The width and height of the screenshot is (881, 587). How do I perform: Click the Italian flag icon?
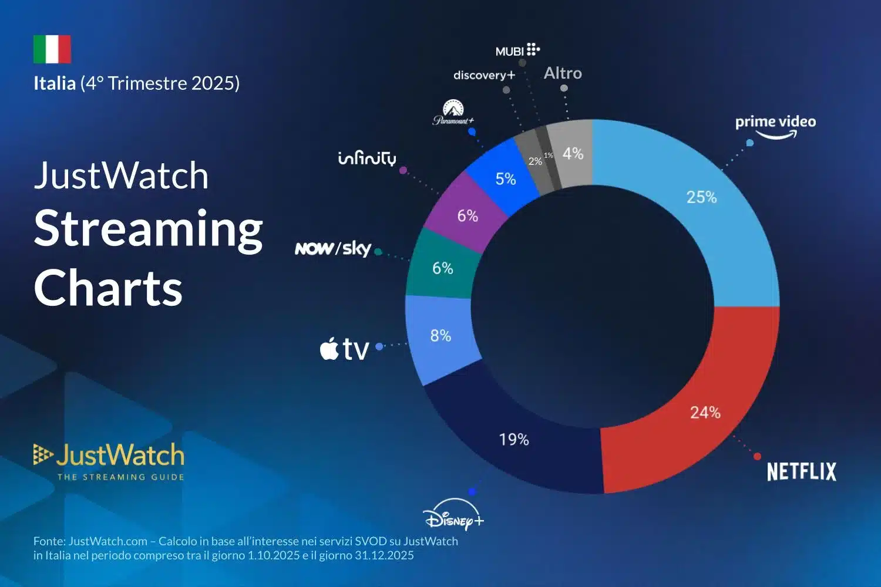tap(52, 49)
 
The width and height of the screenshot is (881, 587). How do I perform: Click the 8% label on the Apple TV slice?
tap(441, 336)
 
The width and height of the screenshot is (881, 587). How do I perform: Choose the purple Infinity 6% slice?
tap(467, 214)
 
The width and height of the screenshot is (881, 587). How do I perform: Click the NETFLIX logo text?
tap(801, 472)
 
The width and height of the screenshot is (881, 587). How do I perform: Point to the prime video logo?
tap(775, 125)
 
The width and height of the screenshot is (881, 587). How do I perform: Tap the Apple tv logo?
tap(344, 349)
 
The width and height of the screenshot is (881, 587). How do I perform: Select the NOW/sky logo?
tap(333, 249)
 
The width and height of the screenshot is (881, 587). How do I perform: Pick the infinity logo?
tap(367, 158)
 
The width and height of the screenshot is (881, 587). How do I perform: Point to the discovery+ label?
tap(484, 75)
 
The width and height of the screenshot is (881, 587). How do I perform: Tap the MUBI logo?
tap(517, 50)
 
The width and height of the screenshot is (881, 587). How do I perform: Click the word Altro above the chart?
tap(563, 73)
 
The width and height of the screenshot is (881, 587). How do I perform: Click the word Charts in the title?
tap(109, 288)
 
